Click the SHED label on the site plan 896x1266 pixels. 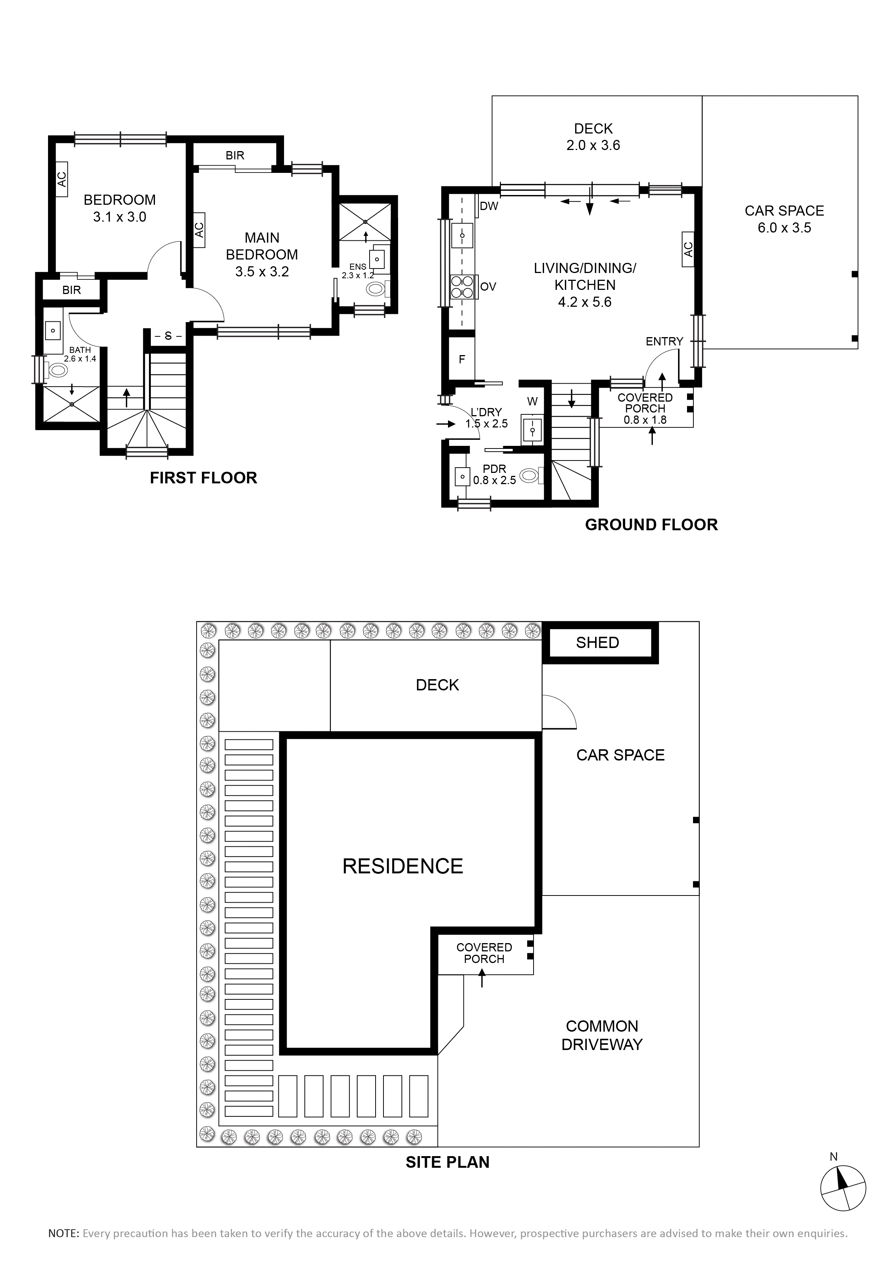point(597,642)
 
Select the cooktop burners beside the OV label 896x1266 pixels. point(462,286)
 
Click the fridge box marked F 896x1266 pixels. point(462,359)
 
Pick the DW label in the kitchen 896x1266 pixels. point(489,206)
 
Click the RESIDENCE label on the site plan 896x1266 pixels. point(403,866)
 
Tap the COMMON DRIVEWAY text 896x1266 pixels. point(602,1035)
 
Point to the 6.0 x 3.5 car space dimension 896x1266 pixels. point(784,228)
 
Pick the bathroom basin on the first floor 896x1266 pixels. point(53,330)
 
